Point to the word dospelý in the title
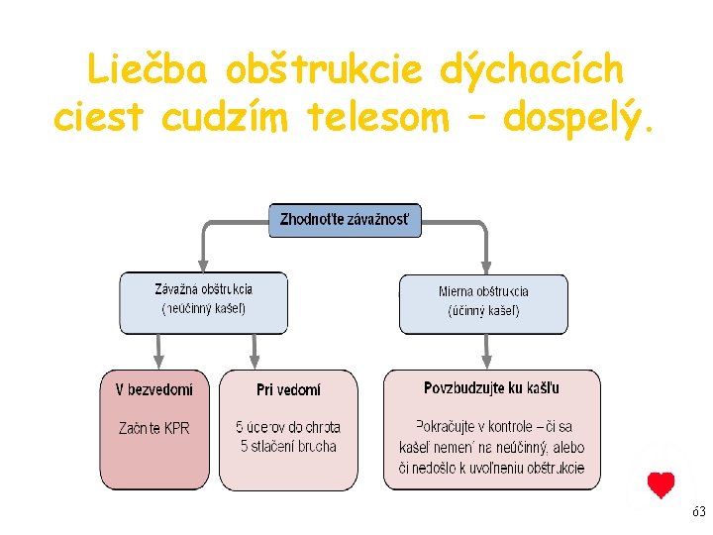tap(578, 119)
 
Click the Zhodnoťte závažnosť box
tap(345, 219)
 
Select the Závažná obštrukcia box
tap(203, 301)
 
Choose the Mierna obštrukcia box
tap(483, 301)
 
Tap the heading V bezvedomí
tap(153, 389)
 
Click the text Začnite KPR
tap(153, 428)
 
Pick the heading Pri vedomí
tap(288, 389)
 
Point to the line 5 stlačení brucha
tap(288, 447)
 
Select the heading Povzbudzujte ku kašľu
tap(491, 388)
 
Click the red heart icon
tap(661, 485)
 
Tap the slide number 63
tap(698, 512)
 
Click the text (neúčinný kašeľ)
tap(203, 309)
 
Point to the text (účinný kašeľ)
tap(483, 311)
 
